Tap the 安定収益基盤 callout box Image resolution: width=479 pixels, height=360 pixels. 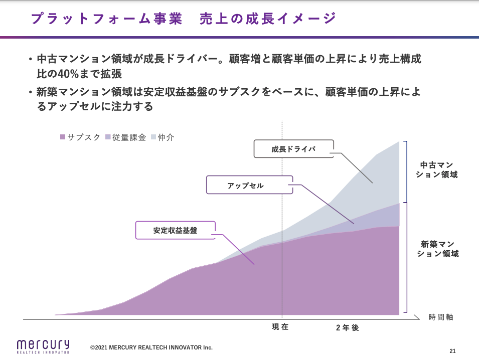coord(175,231)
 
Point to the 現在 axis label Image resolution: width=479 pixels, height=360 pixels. coord(280,327)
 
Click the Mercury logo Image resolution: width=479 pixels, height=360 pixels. coord(43,346)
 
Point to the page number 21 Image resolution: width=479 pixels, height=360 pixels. coord(452,350)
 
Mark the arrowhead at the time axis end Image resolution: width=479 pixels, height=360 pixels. coord(417,317)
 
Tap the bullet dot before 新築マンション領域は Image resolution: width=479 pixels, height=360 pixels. coord(31,92)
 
